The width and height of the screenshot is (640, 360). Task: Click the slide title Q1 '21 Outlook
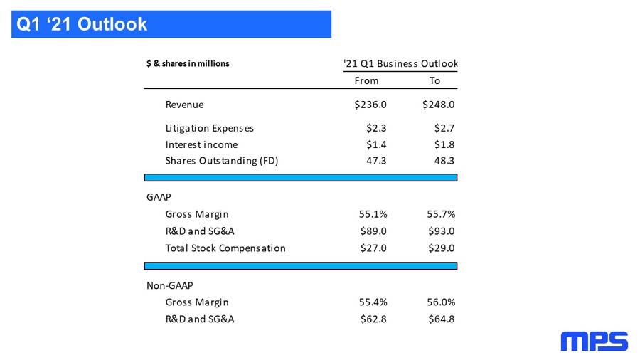click(x=82, y=24)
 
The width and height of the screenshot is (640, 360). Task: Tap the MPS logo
click(x=594, y=342)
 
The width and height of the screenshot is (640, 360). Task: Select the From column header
click(x=366, y=81)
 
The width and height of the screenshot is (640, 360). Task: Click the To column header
click(x=434, y=81)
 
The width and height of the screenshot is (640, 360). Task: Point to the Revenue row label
click(x=184, y=105)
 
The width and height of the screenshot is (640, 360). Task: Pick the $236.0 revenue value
click(x=370, y=105)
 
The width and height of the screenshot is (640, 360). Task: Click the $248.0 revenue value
click(x=438, y=105)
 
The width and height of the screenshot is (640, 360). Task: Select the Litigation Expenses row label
click(x=209, y=129)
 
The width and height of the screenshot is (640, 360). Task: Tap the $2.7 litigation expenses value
click(x=444, y=129)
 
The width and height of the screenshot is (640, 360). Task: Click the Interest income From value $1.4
click(x=376, y=145)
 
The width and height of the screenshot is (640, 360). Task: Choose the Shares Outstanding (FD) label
click(x=222, y=161)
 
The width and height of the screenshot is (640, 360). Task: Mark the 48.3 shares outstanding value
click(x=444, y=161)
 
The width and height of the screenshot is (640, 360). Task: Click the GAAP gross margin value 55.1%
click(x=373, y=214)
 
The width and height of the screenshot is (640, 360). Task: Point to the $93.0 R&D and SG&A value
click(x=441, y=231)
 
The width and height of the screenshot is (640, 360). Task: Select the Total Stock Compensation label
click(x=225, y=248)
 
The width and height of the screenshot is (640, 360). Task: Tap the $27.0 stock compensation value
click(x=373, y=248)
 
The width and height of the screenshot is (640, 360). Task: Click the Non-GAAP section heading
click(x=170, y=286)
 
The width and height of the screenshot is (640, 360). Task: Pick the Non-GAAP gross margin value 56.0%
click(x=441, y=302)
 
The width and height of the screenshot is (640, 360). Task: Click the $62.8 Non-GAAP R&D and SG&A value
click(x=373, y=319)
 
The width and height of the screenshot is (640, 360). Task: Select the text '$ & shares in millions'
click(x=188, y=63)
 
